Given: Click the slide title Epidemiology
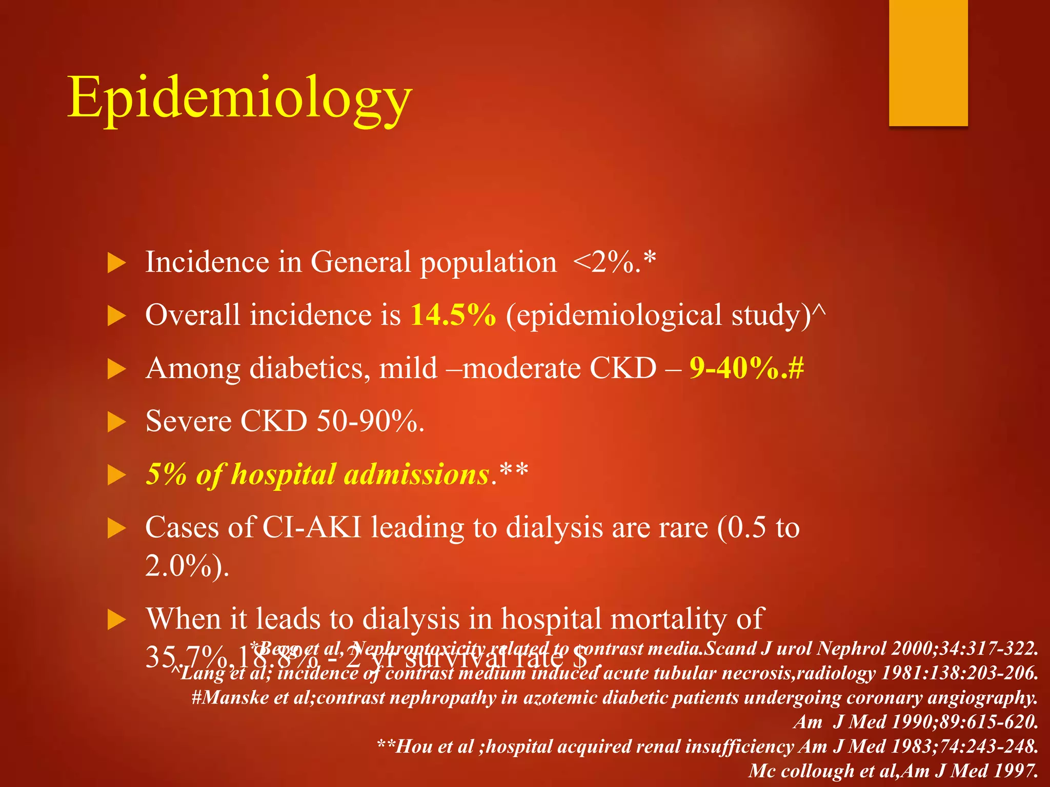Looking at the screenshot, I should tap(239, 97).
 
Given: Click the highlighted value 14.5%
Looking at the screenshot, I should tap(453, 315).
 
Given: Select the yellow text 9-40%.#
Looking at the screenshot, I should tap(746, 368).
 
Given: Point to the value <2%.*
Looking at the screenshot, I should tap(614, 262).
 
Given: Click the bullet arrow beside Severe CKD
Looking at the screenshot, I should tap(117, 423).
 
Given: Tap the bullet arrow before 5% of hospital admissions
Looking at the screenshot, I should tap(117, 475).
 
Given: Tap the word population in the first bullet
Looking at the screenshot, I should tap(488, 263).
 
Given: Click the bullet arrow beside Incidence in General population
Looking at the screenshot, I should tap(117, 263).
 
